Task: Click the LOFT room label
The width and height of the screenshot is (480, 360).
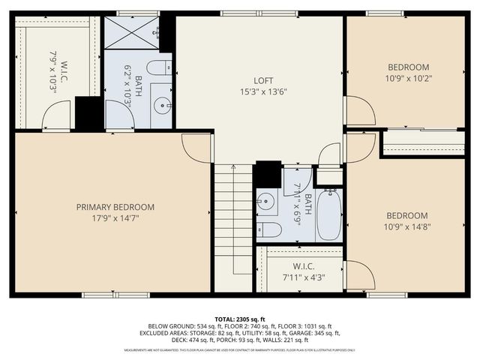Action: [x=262, y=80]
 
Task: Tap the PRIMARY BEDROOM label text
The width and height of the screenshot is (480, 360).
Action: [x=115, y=207]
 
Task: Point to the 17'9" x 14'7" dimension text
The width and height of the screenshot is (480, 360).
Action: [x=115, y=218]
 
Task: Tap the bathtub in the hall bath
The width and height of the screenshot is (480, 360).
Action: [x=329, y=214]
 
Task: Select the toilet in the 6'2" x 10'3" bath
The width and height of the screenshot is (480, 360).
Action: [x=160, y=68]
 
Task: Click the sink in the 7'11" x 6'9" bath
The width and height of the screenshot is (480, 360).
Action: [x=264, y=201]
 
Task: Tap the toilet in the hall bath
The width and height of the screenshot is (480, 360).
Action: [x=266, y=229]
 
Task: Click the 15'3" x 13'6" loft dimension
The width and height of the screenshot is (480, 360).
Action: [x=262, y=91]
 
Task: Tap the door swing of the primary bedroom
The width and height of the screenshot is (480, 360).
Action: [x=196, y=146]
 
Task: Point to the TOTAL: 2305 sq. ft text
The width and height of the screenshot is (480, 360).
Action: [x=240, y=319]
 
